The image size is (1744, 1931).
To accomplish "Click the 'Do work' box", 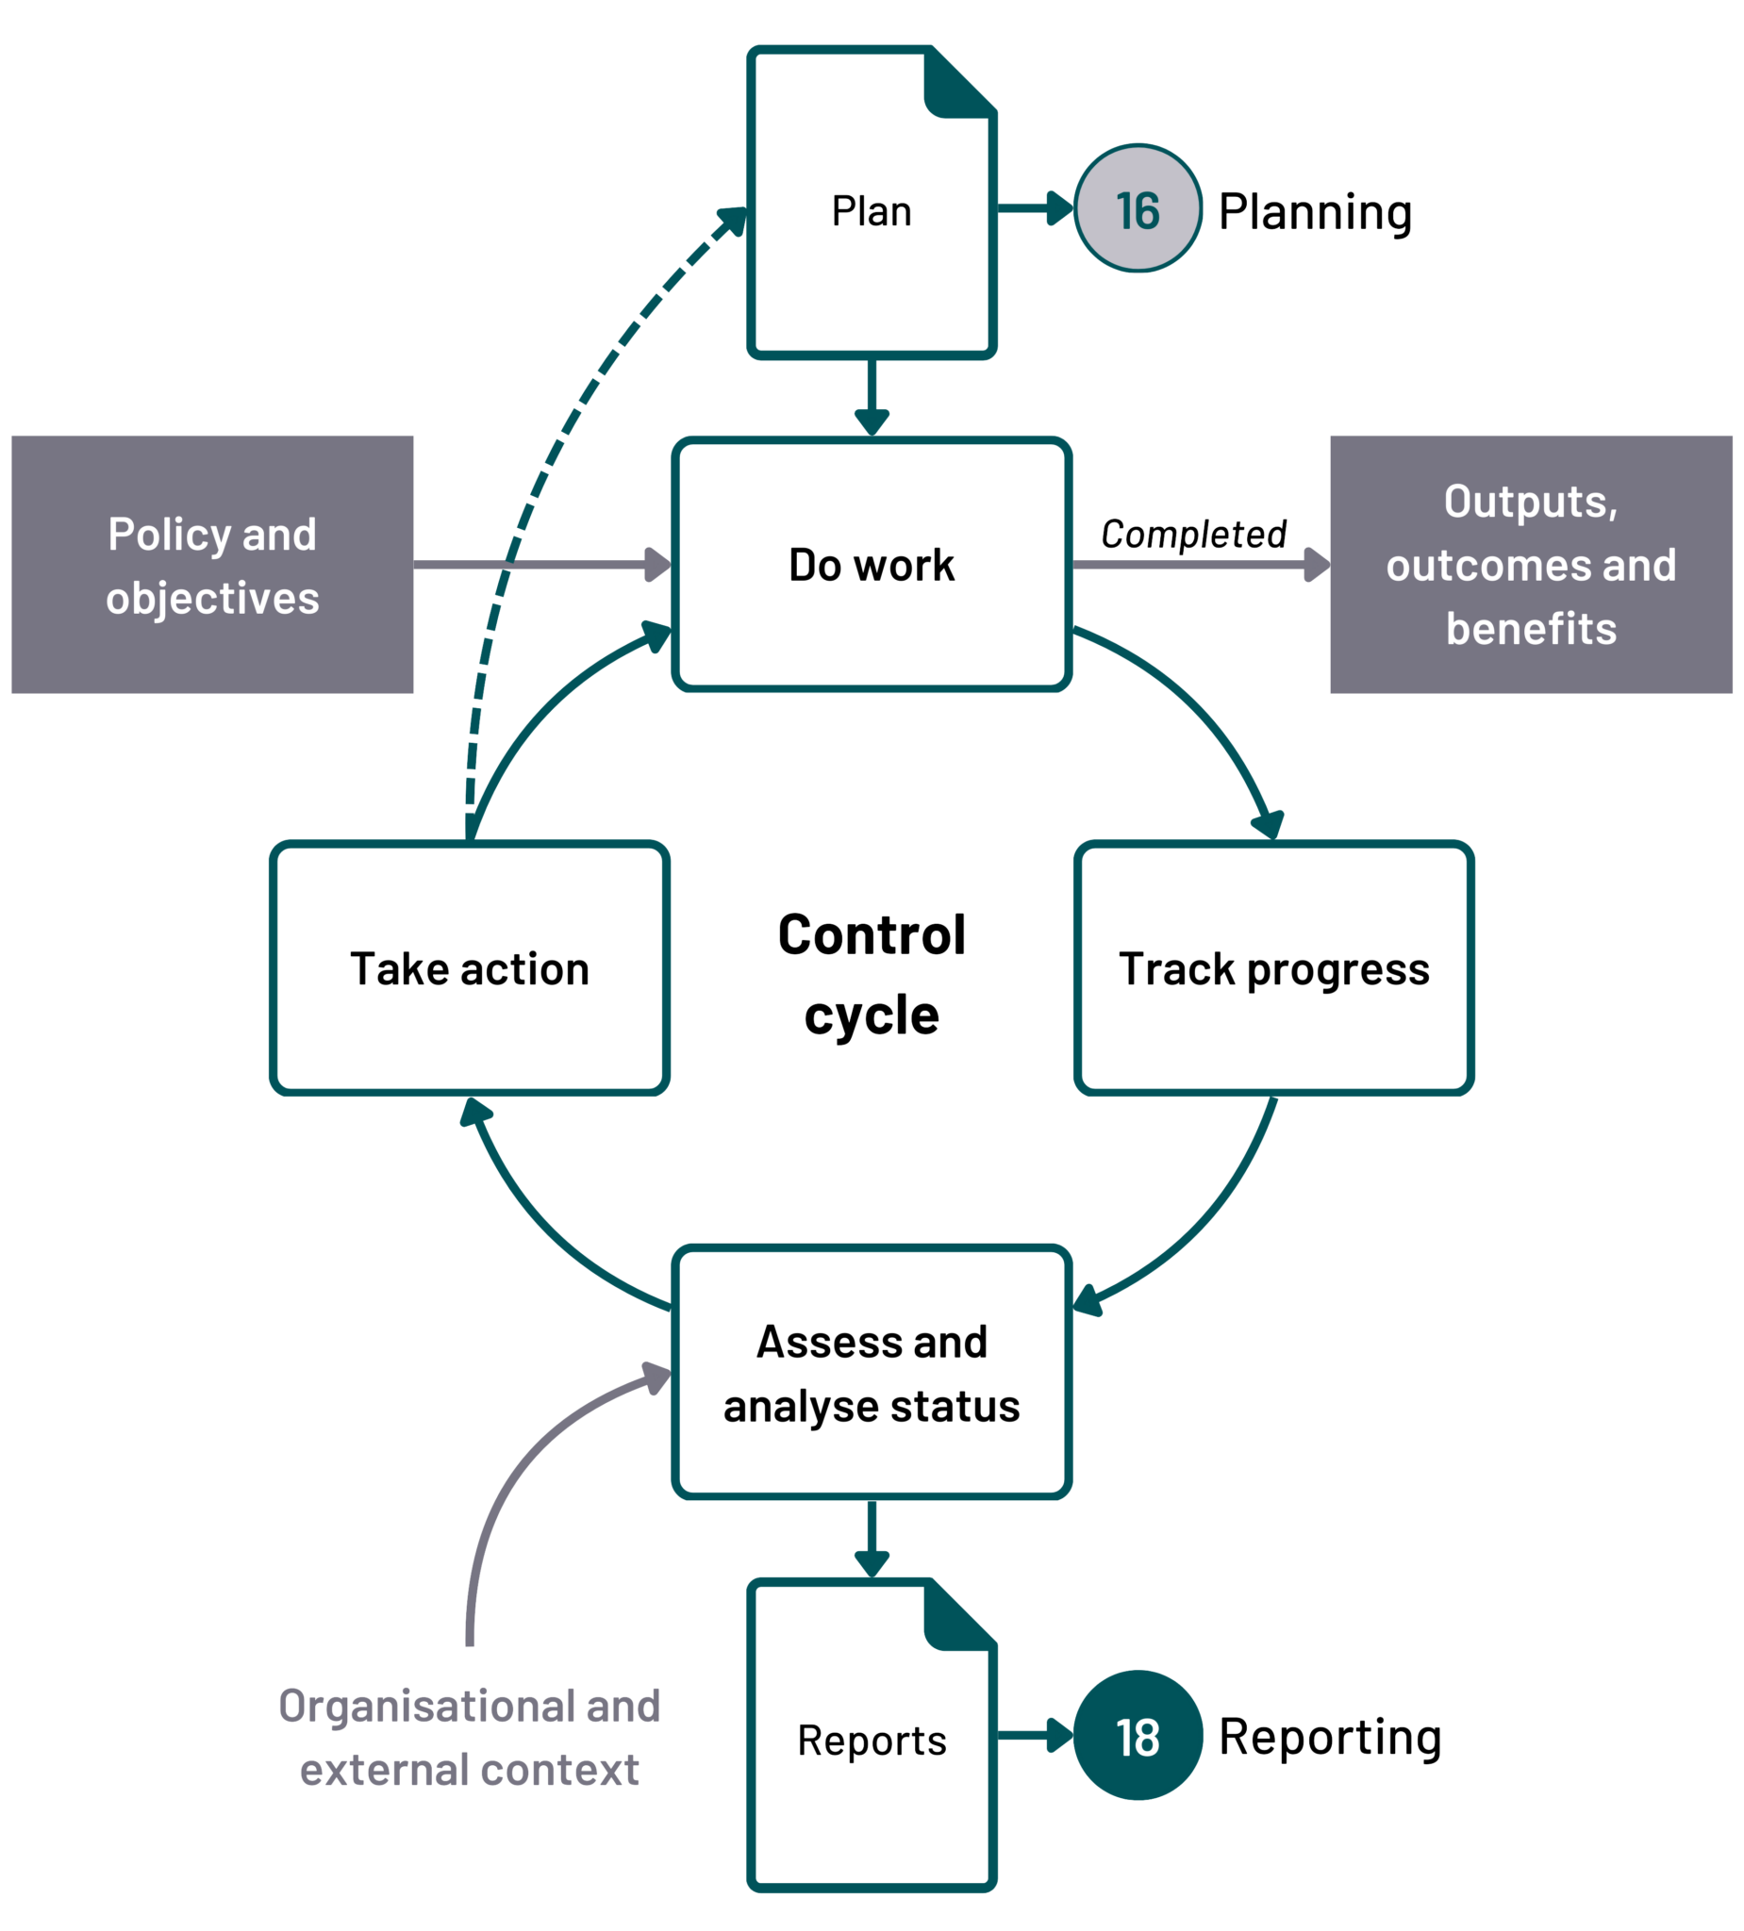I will click(871, 564).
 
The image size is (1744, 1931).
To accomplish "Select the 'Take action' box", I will click(470, 968).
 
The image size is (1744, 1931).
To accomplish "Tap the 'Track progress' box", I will click(1273, 968).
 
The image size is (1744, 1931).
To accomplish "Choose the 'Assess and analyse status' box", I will click(871, 1373).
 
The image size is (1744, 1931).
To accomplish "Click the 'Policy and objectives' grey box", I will click(212, 564).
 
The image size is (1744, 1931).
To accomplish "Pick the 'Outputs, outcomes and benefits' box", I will click(1530, 564).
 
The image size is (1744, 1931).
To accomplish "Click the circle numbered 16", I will click(1138, 208).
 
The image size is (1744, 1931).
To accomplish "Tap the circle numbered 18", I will click(1138, 1736).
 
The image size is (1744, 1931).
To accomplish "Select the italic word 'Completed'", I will click(1193, 534).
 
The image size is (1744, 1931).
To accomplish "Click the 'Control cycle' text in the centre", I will click(871, 974).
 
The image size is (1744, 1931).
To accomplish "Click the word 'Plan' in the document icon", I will click(871, 210).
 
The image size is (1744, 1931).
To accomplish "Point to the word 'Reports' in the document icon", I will click(871, 1740).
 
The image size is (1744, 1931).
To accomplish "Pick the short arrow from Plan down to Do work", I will click(871, 397).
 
